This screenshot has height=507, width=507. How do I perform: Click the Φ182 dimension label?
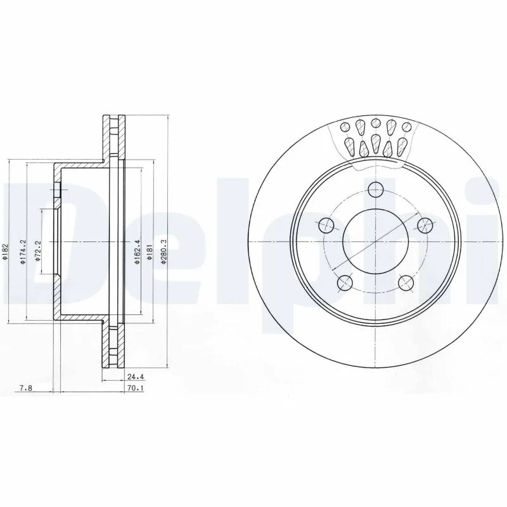pos(5,254)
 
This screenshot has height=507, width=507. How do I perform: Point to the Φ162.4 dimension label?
pos(137,252)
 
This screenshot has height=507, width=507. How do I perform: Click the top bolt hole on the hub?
pos(376,189)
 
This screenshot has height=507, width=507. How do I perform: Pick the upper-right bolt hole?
pos(425,224)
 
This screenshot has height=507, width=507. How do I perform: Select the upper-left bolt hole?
pos(326,224)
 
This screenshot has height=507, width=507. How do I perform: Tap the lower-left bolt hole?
pos(345,282)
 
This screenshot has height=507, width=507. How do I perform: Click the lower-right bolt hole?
pos(406,282)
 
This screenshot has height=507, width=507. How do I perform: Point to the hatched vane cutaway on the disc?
pos(376,141)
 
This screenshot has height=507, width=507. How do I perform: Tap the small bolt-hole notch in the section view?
pos(56,191)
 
